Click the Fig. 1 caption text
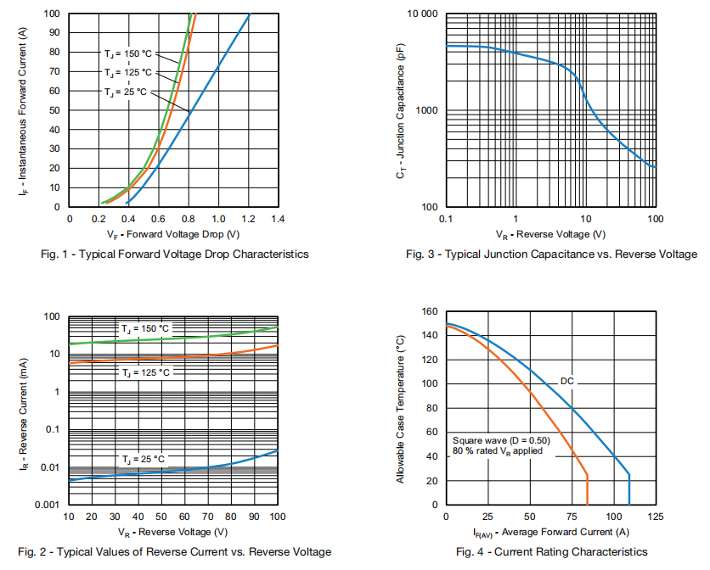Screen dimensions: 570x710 tap(174, 254)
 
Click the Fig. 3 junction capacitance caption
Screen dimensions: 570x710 tap(551, 254)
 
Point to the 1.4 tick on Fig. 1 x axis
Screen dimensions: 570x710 tap(278, 219)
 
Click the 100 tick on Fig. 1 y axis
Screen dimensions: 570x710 tap(52, 14)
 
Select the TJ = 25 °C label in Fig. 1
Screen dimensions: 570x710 tap(126, 91)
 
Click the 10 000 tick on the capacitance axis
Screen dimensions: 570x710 tap(420, 14)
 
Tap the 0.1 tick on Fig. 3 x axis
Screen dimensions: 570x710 tap(447, 219)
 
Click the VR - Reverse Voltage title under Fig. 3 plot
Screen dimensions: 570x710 tap(552, 233)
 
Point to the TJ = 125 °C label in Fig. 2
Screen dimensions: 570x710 tap(144, 372)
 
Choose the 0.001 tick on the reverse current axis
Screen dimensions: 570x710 tap(47, 505)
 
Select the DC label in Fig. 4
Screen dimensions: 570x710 tap(567, 382)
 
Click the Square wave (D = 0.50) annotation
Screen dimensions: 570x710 tap(501, 440)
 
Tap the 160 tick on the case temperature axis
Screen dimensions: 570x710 tap(429, 311)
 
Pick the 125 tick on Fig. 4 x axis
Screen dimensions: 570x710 tap(655, 517)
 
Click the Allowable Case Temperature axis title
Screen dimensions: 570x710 tap(399, 409)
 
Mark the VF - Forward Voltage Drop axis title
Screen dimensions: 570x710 tap(172, 233)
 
